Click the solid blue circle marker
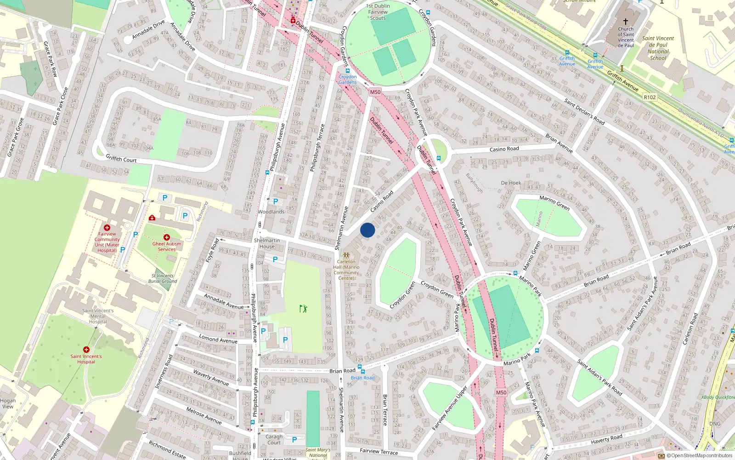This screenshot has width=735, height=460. pyautogui.click(x=367, y=230)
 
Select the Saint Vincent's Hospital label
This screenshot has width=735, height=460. pyautogui.click(x=86, y=359)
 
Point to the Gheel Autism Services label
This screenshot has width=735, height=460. pyautogui.click(x=167, y=247)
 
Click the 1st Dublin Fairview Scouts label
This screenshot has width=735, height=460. pyautogui.click(x=378, y=12)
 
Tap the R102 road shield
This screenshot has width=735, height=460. pyautogui.click(x=650, y=97)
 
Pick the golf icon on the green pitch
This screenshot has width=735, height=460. pyautogui.click(x=303, y=309)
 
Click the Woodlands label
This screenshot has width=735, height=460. pyautogui.click(x=271, y=212)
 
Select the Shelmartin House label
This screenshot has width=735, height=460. pyautogui.click(x=267, y=243)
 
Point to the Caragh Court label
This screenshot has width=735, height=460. pyautogui.click(x=274, y=440)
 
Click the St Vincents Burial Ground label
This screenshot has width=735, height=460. pyautogui.click(x=163, y=278)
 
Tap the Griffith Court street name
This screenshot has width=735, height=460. pyautogui.click(x=121, y=159)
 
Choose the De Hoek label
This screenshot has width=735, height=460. pyautogui.click(x=511, y=183)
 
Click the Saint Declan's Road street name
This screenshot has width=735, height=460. pyautogui.click(x=584, y=112)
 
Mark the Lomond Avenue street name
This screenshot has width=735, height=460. pyautogui.click(x=218, y=339)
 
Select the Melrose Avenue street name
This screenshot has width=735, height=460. pyautogui.click(x=204, y=415)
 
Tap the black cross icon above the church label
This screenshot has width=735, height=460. pyautogui.click(x=625, y=21)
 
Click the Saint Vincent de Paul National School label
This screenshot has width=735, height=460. pyautogui.click(x=658, y=48)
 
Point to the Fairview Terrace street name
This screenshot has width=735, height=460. pyautogui.click(x=379, y=451)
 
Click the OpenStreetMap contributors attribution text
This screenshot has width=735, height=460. pyautogui.click(x=701, y=456)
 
